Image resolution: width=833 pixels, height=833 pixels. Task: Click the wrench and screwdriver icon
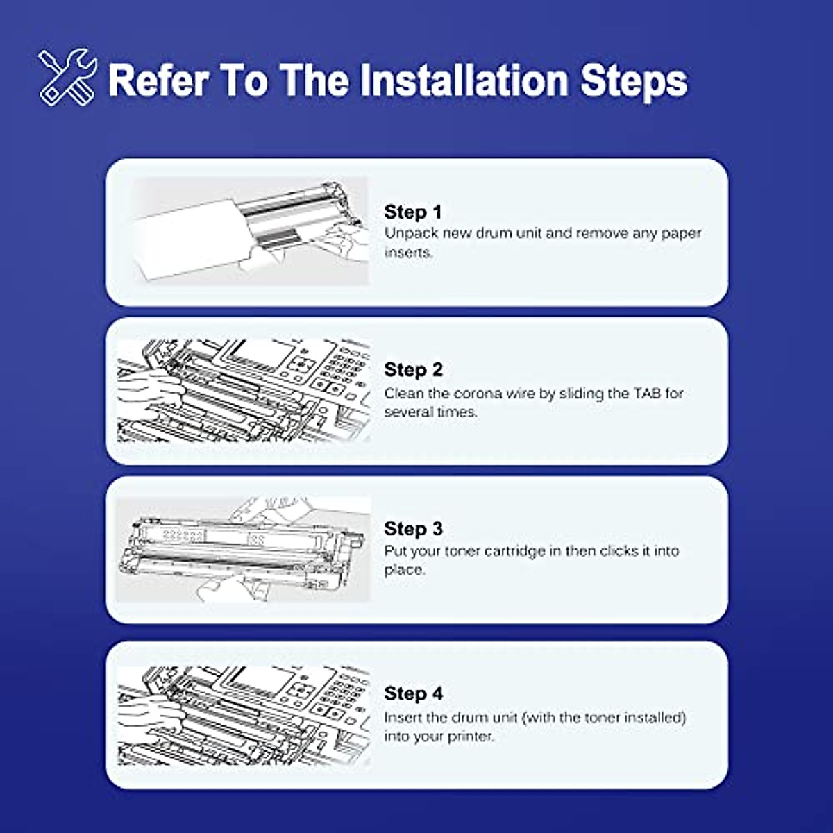(x=67, y=76)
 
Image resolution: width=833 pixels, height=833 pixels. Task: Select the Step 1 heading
(x=413, y=212)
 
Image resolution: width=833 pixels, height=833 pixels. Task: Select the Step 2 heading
(x=413, y=369)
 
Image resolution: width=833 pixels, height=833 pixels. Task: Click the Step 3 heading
(x=413, y=528)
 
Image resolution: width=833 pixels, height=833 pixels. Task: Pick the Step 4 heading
(x=413, y=693)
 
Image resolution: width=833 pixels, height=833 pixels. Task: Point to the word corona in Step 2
(x=478, y=393)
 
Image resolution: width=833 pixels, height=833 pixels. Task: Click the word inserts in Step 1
(x=407, y=252)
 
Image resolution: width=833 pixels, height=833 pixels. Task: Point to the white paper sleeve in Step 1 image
(x=187, y=239)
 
